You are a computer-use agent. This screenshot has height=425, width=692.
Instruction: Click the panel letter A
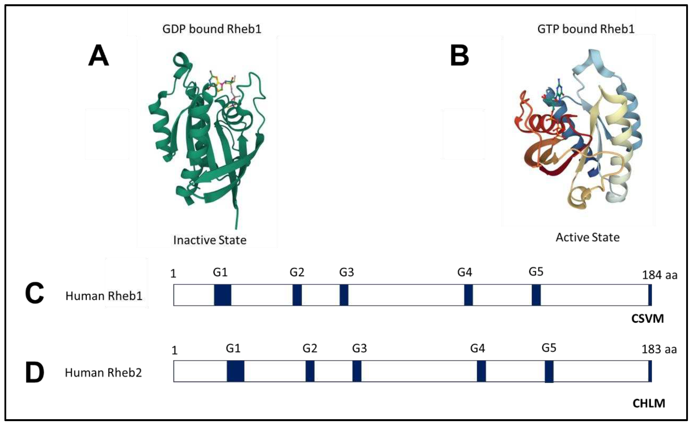pos(98,56)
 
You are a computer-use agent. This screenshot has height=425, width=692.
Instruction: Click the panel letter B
pos(459,56)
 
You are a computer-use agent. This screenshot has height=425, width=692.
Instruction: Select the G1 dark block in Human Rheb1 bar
pos(222,295)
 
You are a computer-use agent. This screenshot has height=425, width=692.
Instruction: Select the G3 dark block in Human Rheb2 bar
pos(357,371)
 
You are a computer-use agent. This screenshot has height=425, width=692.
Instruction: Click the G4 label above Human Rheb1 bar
pos(464,272)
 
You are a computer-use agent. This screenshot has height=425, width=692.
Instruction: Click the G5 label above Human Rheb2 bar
pos(549,348)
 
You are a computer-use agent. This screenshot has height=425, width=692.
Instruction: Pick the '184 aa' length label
pos(659,275)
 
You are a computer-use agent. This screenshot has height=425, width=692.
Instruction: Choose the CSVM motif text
pos(647,319)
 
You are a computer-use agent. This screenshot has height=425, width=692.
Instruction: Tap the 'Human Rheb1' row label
pos(104,296)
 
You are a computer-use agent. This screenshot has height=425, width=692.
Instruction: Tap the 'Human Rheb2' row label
pos(103,373)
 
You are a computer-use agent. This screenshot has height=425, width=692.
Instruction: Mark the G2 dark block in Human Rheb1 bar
pos(297,295)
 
